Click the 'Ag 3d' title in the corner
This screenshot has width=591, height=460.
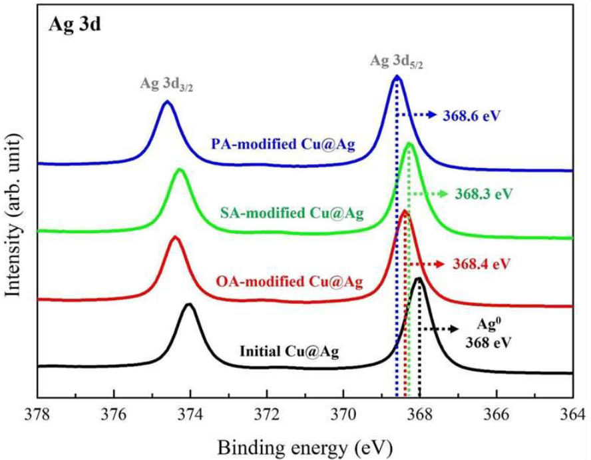click(74, 27)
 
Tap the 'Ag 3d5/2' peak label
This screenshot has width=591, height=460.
click(397, 62)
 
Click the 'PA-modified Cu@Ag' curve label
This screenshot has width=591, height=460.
click(282, 144)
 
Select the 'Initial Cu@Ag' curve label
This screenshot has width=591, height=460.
click(289, 349)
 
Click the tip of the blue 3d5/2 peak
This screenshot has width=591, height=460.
click(397, 76)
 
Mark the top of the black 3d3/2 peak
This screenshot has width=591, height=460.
click(190, 305)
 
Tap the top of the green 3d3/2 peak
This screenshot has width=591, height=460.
click(180, 169)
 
